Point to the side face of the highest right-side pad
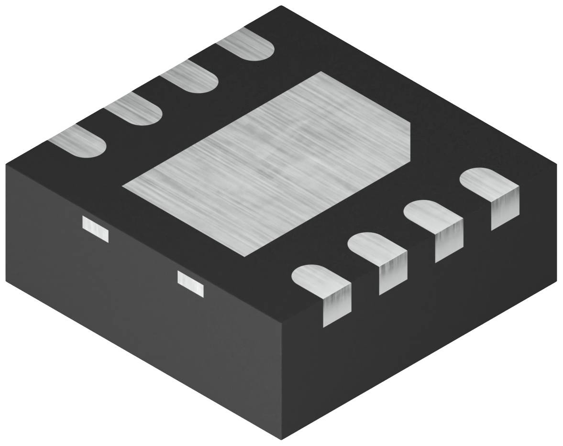coord(505,208)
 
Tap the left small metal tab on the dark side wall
coord(95,228)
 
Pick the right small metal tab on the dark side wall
coord(190,283)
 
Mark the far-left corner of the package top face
coord(6,164)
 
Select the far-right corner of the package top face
coord(557,164)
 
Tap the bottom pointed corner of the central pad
coord(244,256)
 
